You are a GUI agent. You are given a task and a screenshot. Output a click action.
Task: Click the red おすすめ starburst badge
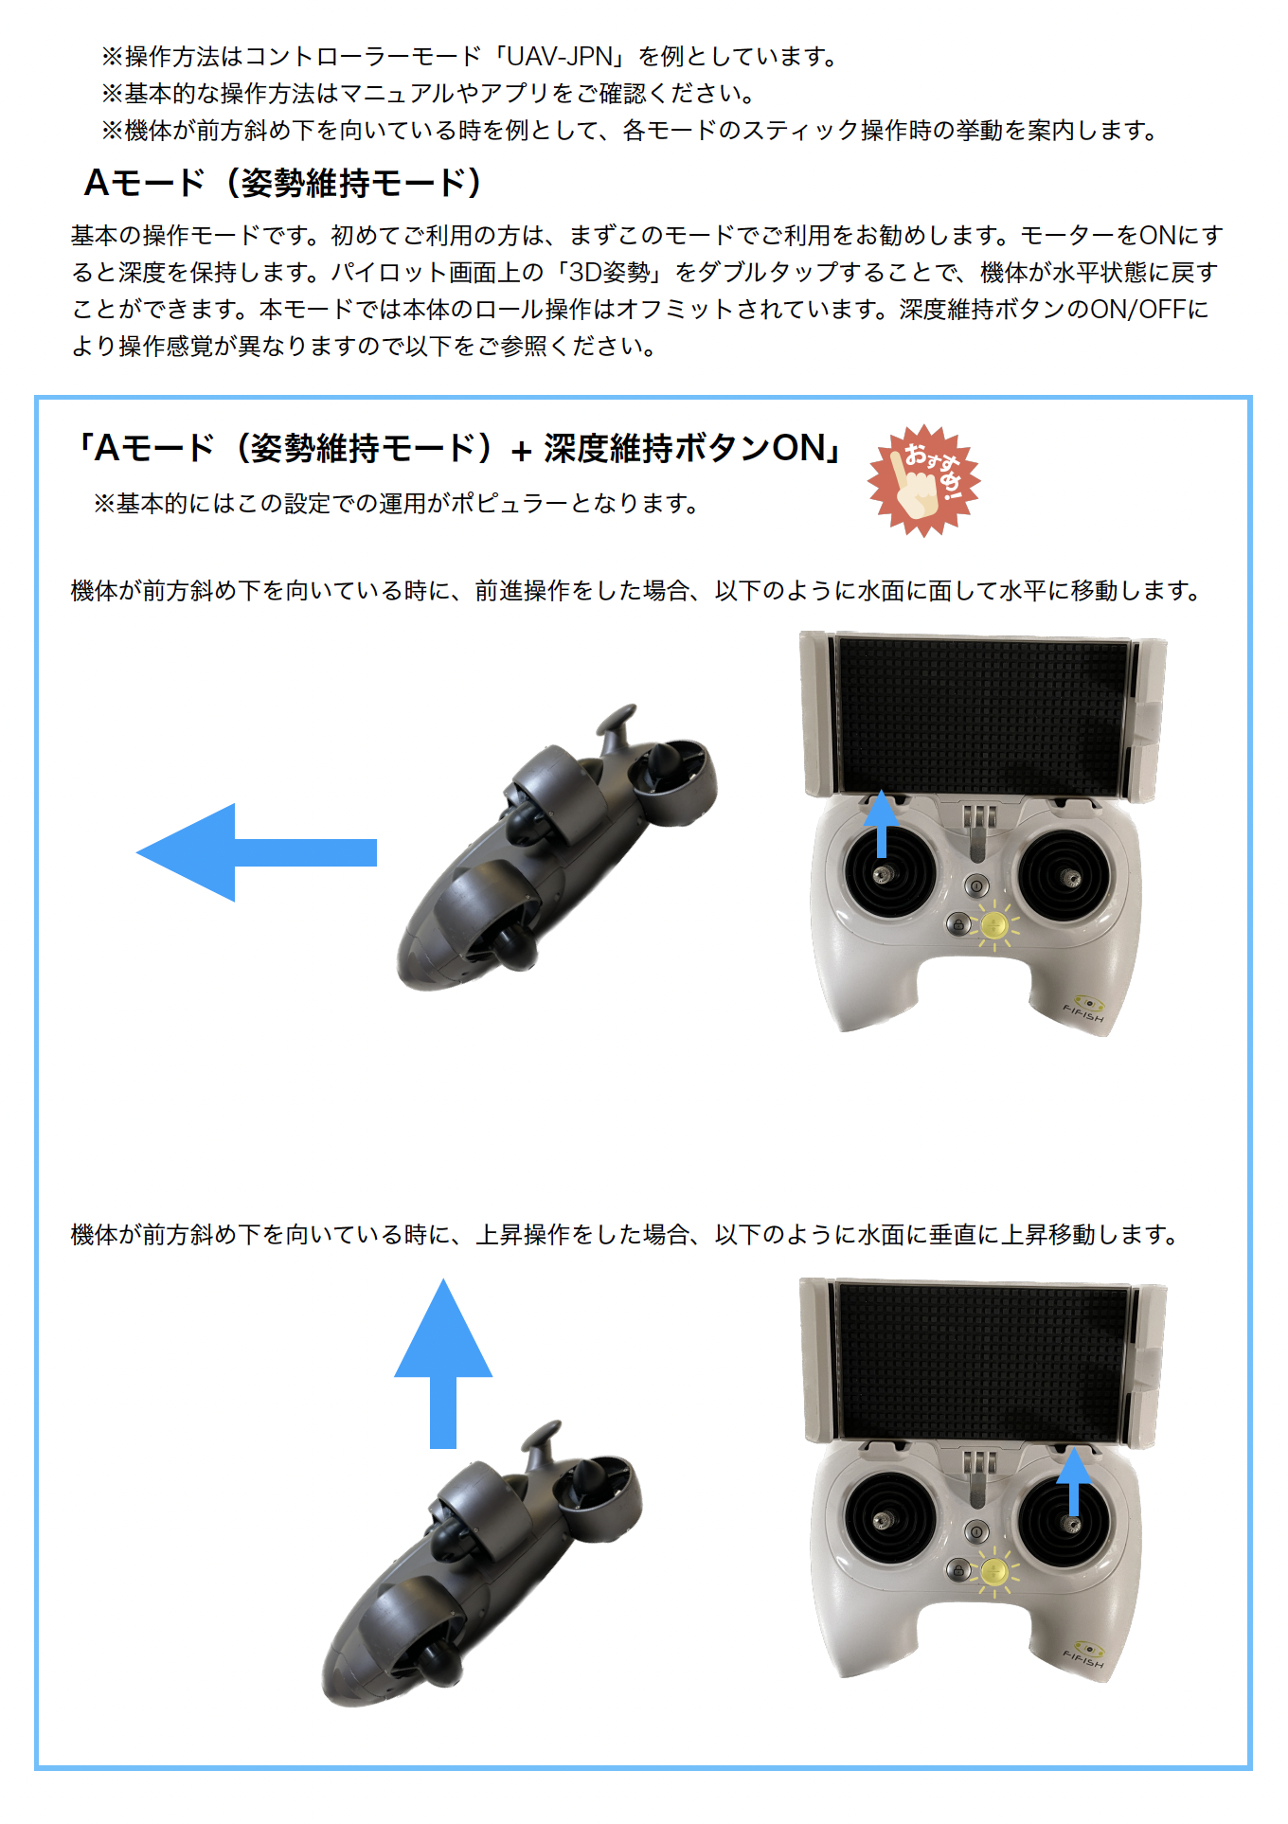click(x=923, y=480)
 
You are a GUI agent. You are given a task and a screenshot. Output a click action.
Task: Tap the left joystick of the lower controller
click(x=883, y=1520)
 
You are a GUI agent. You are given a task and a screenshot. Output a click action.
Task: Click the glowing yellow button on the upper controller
click(x=993, y=924)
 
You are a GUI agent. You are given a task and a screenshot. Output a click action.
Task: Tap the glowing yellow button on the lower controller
click(x=993, y=1571)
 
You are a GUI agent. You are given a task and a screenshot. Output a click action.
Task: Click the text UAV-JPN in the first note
click(x=560, y=57)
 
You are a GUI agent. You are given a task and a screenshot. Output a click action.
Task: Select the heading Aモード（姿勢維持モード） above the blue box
click(x=283, y=183)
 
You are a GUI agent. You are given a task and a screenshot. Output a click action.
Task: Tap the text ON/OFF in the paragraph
click(x=1137, y=310)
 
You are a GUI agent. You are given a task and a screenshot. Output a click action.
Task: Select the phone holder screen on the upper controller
click(x=982, y=714)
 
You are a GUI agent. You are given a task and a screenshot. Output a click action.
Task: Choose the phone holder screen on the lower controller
click(x=982, y=1360)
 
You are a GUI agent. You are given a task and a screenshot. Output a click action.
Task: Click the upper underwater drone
click(x=549, y=852)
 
